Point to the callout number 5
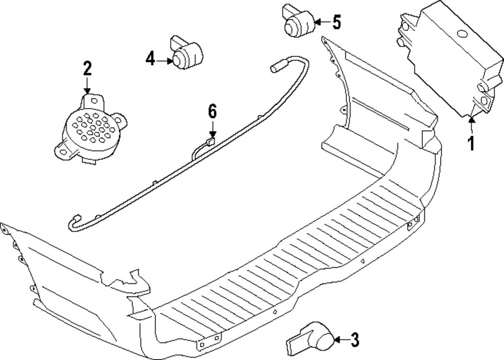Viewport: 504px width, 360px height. [336, 22]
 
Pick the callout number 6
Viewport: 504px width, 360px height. [212, 111]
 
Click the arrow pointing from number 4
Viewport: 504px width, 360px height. [164, 61]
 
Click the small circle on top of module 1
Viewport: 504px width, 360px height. [461, 35]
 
